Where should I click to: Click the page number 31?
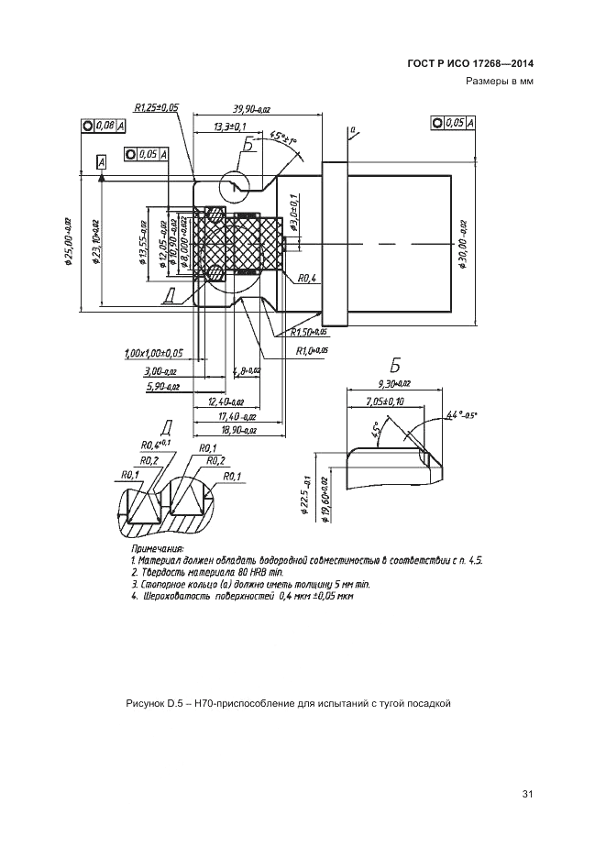click(x=526, y=794)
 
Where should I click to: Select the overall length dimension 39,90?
click(x=253, y=108)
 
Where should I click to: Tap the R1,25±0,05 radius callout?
click(x=156, y=108)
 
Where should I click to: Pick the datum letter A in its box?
click(x=101, y=161)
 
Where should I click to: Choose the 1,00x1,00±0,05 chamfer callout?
click(x=152, y=352)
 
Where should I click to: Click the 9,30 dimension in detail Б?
click(x=394, y=384)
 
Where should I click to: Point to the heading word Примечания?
click(x=158, y=547)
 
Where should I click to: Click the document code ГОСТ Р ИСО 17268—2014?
click(x=469, y=63)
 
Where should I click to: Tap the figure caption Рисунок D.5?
click(x=287, y=703)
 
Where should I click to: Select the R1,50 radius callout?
click(x=308, y=333)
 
